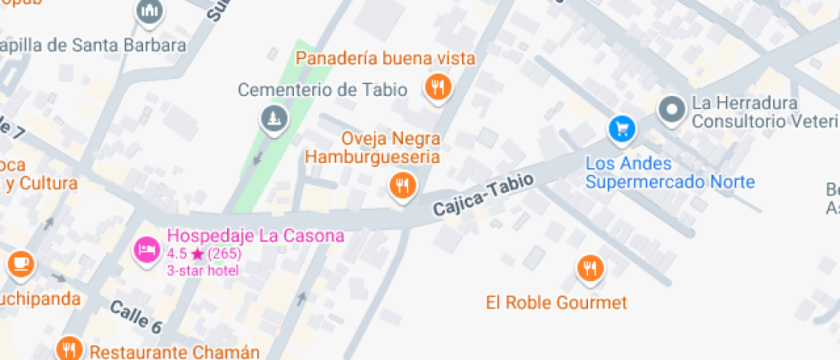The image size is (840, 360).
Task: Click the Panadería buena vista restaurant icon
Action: [438, 86]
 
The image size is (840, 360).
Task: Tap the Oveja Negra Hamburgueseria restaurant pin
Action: [402, 183]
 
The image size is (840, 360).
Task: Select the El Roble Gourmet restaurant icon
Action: [589, 269]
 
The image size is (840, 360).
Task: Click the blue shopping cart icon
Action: [621, 129]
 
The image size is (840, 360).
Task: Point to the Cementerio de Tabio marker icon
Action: [273, 117]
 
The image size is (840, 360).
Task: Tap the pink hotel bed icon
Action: [147, 249]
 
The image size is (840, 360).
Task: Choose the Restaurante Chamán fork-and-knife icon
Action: [69, 348]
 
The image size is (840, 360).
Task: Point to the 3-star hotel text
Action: [203, 271]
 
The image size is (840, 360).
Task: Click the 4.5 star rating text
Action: [204, 254]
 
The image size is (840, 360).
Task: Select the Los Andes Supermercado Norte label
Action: [669, 172]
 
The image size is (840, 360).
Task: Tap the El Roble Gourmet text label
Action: [556, 303]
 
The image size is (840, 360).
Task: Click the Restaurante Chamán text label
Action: [174, 351]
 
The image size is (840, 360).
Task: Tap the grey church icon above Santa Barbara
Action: [149, 12]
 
